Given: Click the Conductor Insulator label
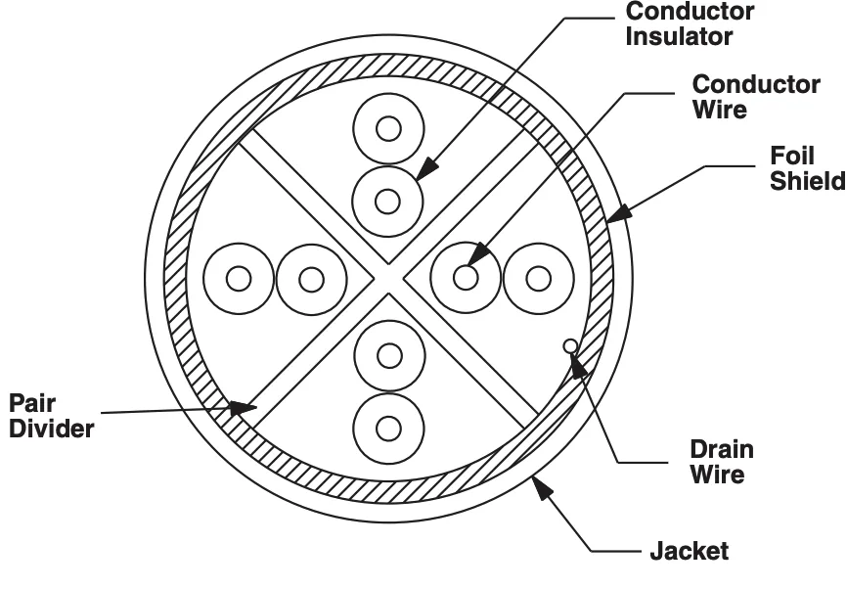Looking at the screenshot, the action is (x=690, y=24).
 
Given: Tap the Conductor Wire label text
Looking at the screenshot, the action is (x=756, y=97).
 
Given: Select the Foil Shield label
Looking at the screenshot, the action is (x=808, y=168).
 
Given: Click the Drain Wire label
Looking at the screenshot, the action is (x=721, y=462).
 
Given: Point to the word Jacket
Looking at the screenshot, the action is (x=689, y=551).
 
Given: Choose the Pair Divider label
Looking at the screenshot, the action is (x=51, y=416).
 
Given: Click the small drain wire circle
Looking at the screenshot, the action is (x=570, y=345).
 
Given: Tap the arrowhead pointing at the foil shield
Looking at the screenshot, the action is (x=618, y=213).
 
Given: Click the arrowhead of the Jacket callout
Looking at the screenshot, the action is (x=542, y=486).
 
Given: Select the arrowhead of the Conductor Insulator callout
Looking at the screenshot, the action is (x=426, y=168).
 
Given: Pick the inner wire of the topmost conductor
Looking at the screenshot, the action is (x=388, y=129).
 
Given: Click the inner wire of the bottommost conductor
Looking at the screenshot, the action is (x=388, y=430).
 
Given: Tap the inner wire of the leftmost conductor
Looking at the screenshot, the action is (x=239, y=279).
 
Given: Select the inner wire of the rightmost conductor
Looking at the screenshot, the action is (x=538, y=279).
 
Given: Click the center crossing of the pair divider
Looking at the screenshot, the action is (x=388, y=279).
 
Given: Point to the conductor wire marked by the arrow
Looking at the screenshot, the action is (x=466, y=278).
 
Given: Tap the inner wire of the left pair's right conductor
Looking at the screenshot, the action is (x=312, y=279).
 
